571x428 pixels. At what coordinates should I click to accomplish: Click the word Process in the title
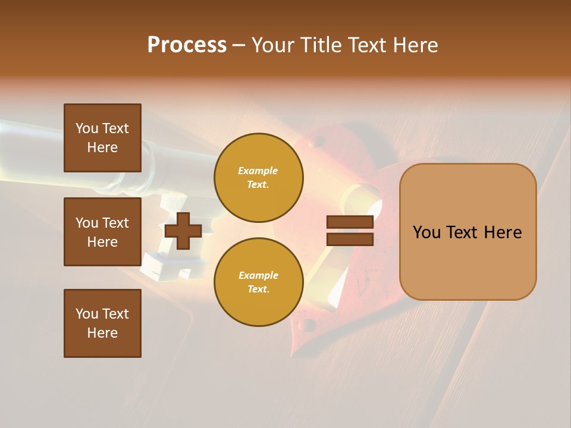[187, 45]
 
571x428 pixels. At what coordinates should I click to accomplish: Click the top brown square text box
[102, 138]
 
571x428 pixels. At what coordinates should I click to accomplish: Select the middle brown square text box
[102, 232]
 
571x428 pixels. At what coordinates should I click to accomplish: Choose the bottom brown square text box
[102, 323]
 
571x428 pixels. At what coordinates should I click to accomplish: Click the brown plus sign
[183, 231]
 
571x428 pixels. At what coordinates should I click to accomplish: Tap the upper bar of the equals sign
[350, 222]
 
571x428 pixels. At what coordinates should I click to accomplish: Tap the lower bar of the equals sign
[350, 240]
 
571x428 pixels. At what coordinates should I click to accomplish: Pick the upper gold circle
[258, 178]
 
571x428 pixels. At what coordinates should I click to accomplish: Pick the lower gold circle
[258, 282]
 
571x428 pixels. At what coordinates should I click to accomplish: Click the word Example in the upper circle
[258, 171]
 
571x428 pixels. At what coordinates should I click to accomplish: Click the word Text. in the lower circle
[258, 289]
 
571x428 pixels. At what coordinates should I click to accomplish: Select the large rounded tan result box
[468, 232]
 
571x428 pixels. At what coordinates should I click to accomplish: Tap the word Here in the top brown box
[102, 147]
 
